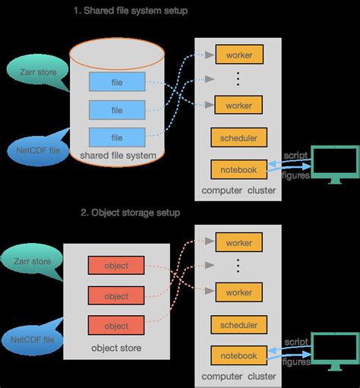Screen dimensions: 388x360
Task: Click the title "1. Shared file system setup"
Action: [x=130, y=11]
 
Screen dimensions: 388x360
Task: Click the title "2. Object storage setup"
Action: [x=130, y=213]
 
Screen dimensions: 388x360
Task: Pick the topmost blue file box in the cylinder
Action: [x=116, y=81]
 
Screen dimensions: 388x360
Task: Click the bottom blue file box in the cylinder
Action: [x=116, y=137]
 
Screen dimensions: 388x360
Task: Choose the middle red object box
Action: [x=116, y=295]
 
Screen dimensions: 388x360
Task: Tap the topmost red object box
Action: [x=116, y=266]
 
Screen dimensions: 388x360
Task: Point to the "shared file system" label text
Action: [x=118, y=156]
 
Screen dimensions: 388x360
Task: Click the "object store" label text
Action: [x=116, y=349]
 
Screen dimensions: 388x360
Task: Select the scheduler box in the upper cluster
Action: [x=238, y=138]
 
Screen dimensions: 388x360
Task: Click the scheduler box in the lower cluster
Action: [x=238, y=325]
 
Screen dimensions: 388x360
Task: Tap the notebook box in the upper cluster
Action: [x=238, y=169]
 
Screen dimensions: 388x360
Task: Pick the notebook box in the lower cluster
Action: [x=238, y=355]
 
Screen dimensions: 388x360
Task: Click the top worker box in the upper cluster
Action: [x=238, y=55]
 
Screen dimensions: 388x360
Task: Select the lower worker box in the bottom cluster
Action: [x=238, y=292]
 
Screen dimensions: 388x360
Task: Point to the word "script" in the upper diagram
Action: [x=295, y=156]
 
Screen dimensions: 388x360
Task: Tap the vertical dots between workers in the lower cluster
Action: [x=238, y=266]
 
